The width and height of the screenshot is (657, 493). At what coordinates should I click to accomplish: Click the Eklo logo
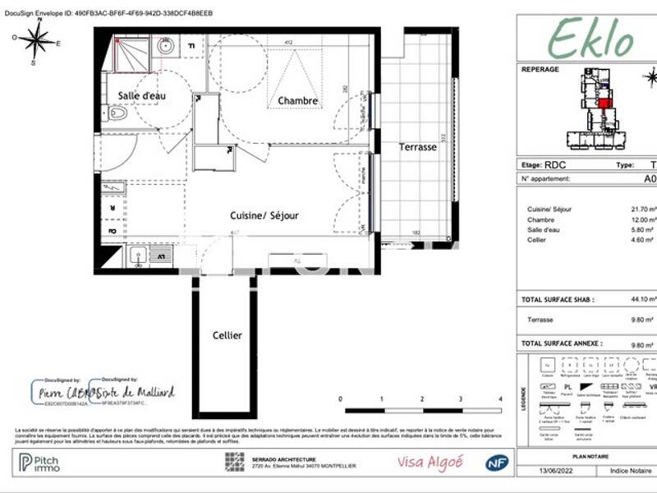[x=590, y=37]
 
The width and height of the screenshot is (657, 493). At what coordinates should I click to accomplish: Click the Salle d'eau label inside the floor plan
[x=141, y=96]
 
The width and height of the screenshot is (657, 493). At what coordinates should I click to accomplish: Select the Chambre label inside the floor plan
[x=297, y=101]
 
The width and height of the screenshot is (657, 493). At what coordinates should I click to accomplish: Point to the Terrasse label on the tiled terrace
[x=418, y=147]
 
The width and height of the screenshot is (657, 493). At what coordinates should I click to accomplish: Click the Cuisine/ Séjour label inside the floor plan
[x=264, y=216]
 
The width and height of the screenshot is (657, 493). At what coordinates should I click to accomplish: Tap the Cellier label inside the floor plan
[x=227, y=335]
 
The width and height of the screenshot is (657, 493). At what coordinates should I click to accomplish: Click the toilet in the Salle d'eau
[x=117, y=113]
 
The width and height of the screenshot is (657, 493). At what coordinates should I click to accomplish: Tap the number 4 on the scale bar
[x=500, y=399]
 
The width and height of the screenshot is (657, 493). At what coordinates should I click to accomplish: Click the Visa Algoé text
[x=430, y=463]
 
